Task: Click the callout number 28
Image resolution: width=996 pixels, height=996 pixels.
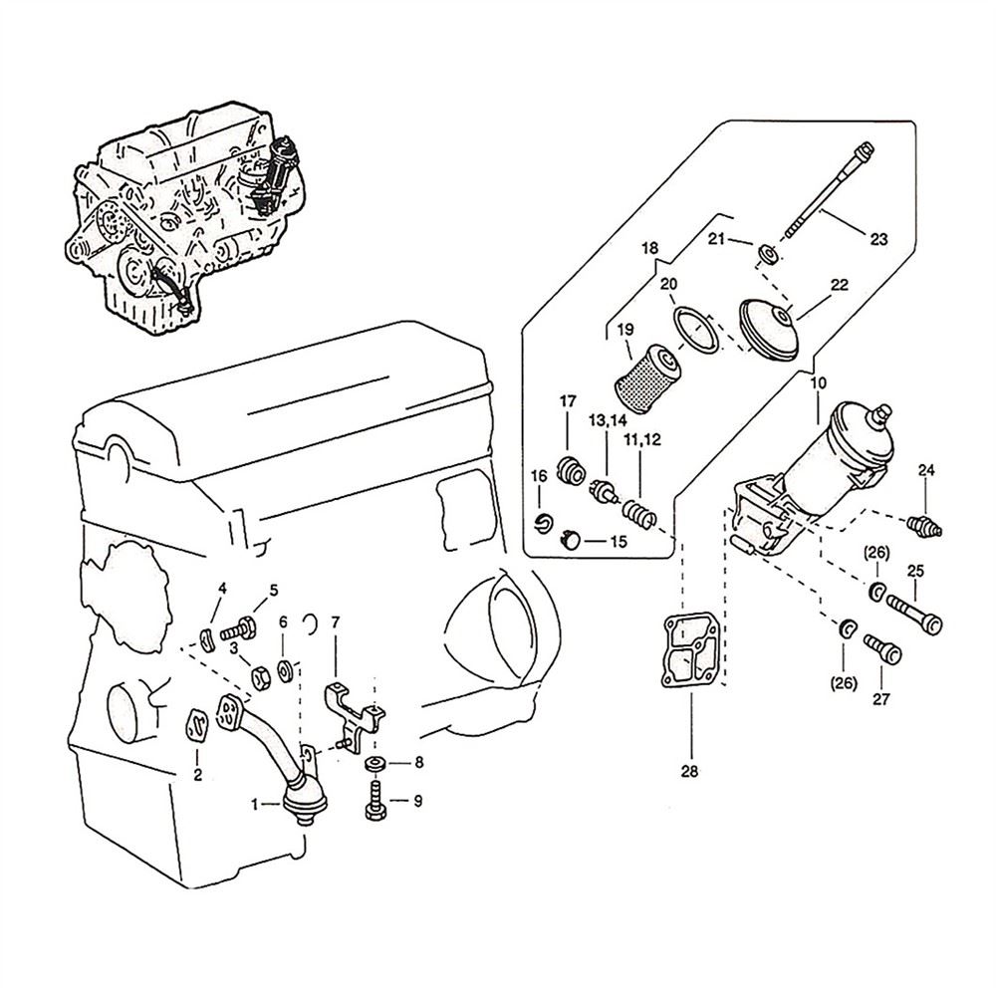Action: [x=690, y=770]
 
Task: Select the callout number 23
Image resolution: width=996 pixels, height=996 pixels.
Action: [x=878, y=238]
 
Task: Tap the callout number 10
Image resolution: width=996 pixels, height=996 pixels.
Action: [x=818, y=382]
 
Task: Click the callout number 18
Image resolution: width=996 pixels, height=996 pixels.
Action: [x=650, y=247]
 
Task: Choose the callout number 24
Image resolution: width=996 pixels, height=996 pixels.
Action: [x=926, y=469]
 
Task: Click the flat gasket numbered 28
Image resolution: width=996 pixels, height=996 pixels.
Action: [x=690, y=651]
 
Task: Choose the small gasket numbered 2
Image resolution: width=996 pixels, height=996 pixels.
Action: [x=197, y=726]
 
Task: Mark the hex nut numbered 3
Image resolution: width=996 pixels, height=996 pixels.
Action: [x=258, y=675]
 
